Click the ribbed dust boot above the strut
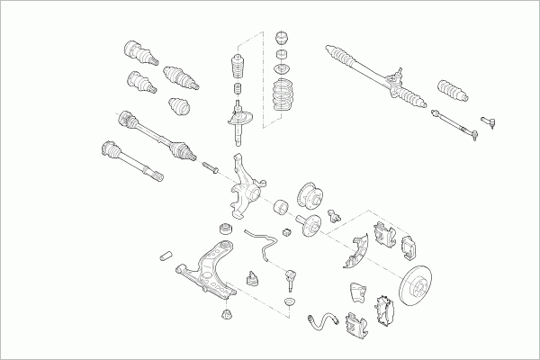tap(237, 69)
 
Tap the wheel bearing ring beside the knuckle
tap(280, 207)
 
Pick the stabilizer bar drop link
tap(290, 270)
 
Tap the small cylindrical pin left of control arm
tap(166, 256)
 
